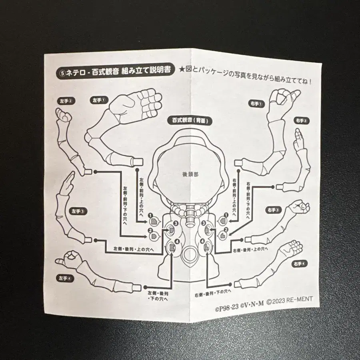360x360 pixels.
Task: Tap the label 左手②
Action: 65,100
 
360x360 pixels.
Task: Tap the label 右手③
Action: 276,210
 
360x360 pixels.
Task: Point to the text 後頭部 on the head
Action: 190,174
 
